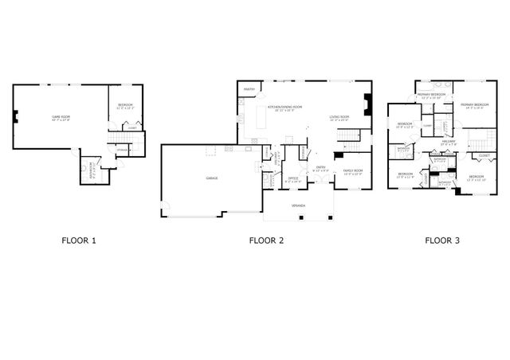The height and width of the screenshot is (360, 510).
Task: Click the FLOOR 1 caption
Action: tap(78, 239)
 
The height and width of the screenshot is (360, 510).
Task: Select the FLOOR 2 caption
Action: tap(265, 239)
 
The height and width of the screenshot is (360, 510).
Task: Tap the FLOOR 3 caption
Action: tap(441, 239)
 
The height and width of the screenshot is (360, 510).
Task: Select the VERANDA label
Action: tap(298, 205)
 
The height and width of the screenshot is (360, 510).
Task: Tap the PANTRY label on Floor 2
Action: tap(248, 90)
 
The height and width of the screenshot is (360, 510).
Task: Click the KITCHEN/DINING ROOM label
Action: tap(284, 107)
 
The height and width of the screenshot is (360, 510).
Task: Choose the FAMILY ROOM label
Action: tap(353, 170)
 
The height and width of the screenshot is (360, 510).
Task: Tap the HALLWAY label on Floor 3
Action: tap(448, 141)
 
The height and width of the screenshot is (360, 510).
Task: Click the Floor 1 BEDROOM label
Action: tap(125, 104)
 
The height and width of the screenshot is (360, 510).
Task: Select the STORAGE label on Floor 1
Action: tap(123, 150)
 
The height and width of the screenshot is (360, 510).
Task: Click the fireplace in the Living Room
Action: tap(367, 106)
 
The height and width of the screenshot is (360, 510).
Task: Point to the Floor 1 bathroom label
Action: tap(92, 168)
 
